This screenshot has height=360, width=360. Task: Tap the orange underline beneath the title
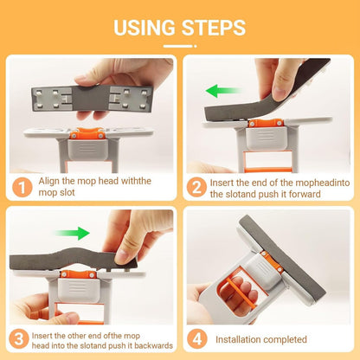[x=179, y=46]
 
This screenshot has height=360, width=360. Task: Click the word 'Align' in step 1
[x=49, y=182]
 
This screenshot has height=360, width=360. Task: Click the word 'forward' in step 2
[x=317, y=194]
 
